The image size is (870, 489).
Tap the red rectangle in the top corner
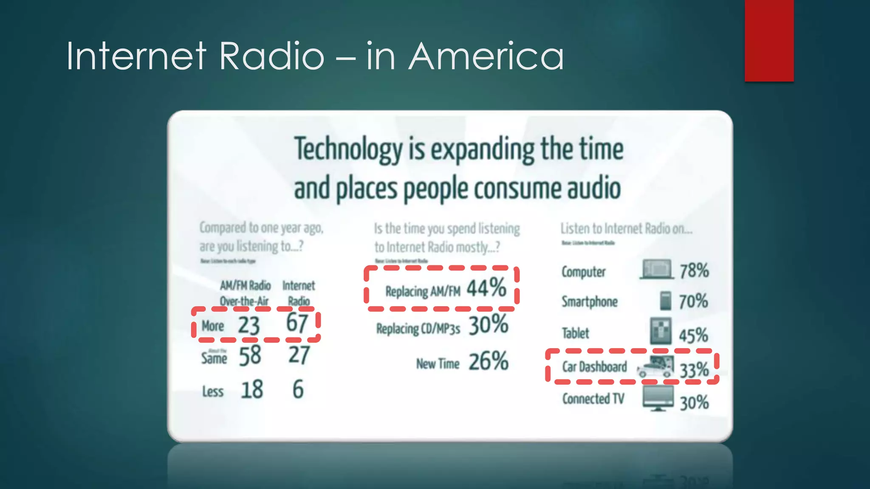click(769, 40)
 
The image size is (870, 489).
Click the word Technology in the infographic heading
click(348, 149)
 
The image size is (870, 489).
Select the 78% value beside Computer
click(694, 271)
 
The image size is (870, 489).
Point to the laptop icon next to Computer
click(657, 270)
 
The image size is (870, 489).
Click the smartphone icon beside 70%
click(665, 301)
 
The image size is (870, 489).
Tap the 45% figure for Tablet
click(693, 335)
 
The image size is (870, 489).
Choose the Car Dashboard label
click(594, 367)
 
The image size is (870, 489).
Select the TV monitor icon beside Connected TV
click(658, 398)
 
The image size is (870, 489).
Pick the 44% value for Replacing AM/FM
click(487, 288)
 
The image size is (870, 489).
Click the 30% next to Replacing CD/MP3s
click(489, 325)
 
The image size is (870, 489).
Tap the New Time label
click(438, 364)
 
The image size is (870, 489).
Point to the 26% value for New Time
click(489, 362)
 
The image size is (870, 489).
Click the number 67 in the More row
click(297, 323)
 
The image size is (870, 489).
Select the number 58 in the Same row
click(250, 356)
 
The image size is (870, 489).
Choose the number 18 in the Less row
click(251, 390)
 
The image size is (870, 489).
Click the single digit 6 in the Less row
click(298, 389)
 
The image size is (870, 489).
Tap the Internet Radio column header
click(299, 293)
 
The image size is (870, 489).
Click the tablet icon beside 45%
click(661, 331)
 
